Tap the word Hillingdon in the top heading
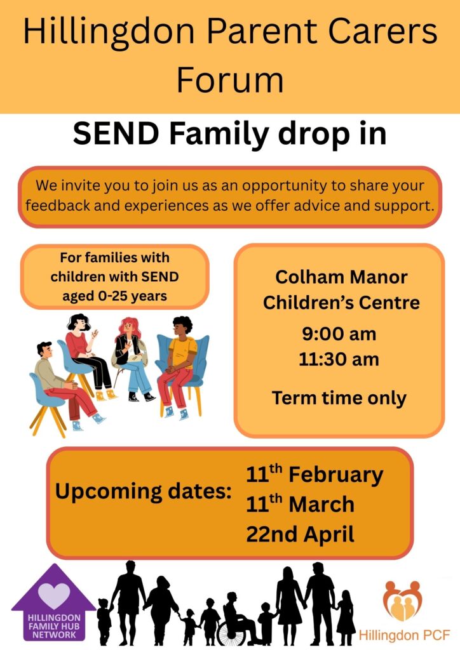click(109, 33)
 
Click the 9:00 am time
click(339, 334)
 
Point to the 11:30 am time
click(339, 359)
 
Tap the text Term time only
click(339, 398)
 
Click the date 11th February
click(315, 475)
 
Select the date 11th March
click(300, 504)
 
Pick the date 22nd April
click(300, 534)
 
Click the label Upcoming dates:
click(143, 492)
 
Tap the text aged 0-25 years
click(114, 296)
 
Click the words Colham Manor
click(341, 277)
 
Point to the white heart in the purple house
click(54, 594)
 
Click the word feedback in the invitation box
click(58, 205)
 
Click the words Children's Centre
click(341, 303)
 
